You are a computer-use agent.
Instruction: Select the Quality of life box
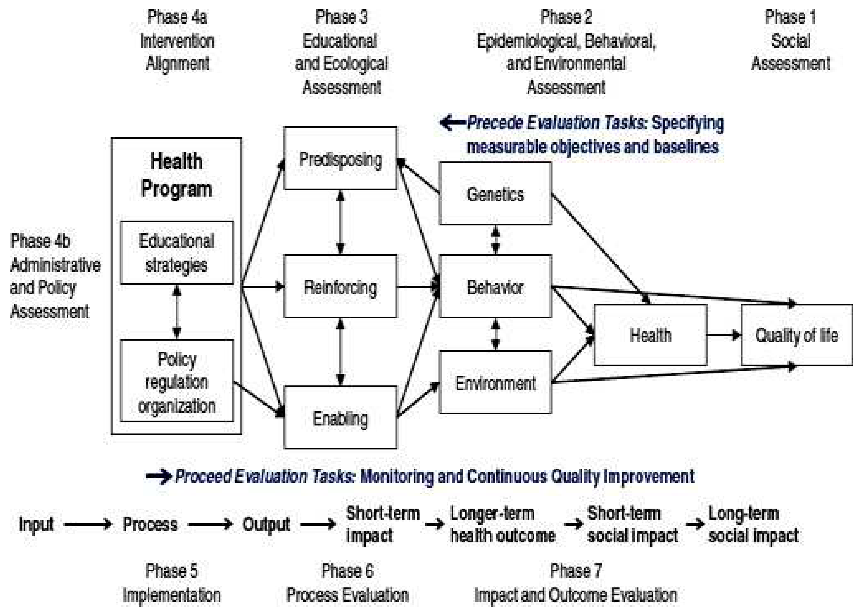(797, 335)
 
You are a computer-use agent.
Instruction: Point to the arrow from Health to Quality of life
(724, 335)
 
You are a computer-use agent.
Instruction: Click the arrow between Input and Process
(88, 524)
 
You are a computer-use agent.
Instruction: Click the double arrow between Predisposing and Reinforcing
(340, 222)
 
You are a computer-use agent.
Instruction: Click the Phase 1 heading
(790, 17)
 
